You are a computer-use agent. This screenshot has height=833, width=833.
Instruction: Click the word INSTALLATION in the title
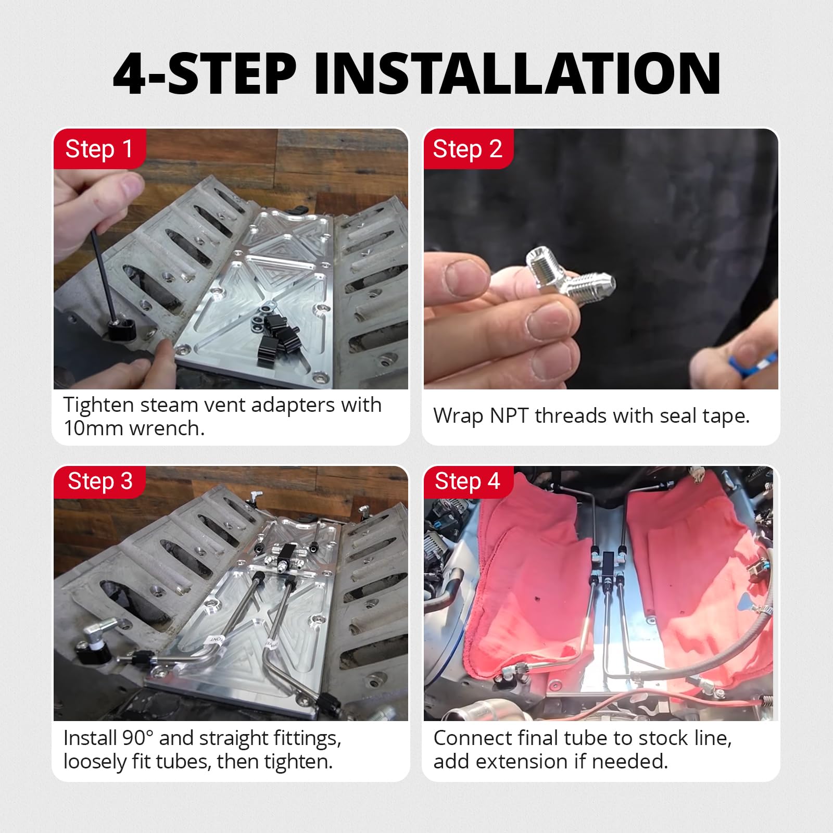[x=517, y=73]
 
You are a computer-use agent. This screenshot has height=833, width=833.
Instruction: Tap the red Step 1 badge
[x=99, y=149]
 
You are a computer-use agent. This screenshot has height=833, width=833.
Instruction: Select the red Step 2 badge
[x=468, y=149]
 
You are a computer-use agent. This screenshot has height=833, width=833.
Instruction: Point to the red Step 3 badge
[x=99, y=482]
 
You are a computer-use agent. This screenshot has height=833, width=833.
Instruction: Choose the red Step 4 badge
[x=468, y=482]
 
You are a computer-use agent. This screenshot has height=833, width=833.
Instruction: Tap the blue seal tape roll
[x=755, y=362]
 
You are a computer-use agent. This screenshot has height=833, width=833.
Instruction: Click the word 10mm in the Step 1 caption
[x=94, y=428]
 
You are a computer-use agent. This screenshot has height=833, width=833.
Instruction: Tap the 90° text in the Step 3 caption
[x=138, y=738]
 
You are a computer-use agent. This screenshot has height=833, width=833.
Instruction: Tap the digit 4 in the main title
[x=130, y=73]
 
